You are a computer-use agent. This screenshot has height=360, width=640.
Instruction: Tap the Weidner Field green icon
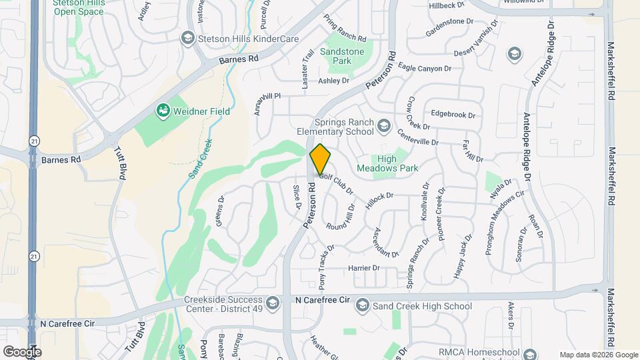(x=161, y=109)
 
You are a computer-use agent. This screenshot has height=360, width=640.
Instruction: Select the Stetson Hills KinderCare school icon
(x=187, y=37)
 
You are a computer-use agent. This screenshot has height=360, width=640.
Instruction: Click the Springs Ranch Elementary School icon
(x=383, y=125)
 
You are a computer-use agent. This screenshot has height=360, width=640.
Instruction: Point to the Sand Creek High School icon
(x=362, y=306)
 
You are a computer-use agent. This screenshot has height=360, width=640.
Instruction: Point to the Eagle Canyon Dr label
(x=425, y=67)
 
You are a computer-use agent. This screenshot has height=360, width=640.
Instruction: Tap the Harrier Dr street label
(x=363, y=268)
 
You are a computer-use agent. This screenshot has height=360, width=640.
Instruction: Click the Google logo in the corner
(x=22, y=351)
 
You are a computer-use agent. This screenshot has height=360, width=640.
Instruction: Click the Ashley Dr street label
(x=333, y=81)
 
